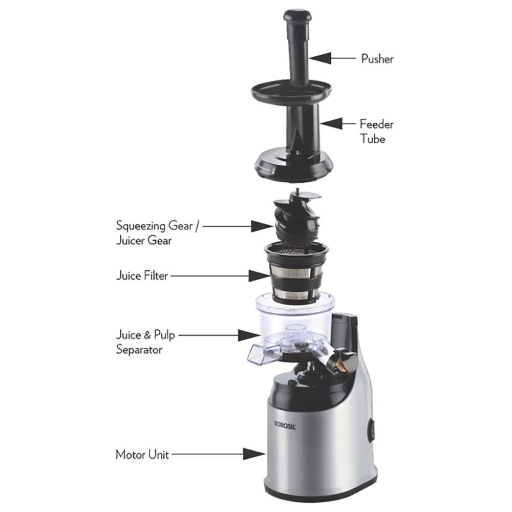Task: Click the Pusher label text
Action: [x=377, y=59]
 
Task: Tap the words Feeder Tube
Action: [x=376, y=131]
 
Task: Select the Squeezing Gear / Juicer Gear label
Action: [x=156, y=233]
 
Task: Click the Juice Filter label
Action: [x=142, y=276]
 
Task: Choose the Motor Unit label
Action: [x=142, y=454]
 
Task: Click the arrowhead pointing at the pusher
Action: [x=317, y=59]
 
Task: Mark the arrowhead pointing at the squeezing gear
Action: [x=258, y=226]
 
